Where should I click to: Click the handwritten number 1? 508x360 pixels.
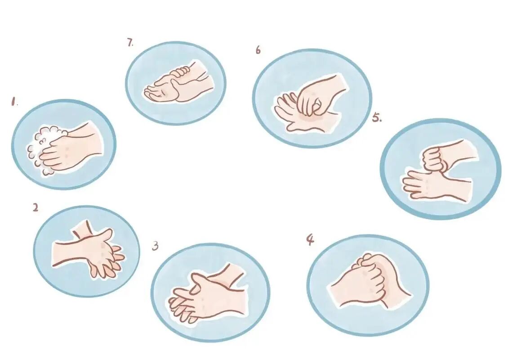point(13,102)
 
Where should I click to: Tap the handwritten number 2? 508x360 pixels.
point(36,207)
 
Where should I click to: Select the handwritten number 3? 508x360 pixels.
point(156,246)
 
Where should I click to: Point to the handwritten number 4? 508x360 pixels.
point(310,240)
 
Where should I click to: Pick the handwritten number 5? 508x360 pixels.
point(377,117)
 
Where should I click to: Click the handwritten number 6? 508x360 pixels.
point(258,50)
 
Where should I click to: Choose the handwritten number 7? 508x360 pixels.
point(130,42)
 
